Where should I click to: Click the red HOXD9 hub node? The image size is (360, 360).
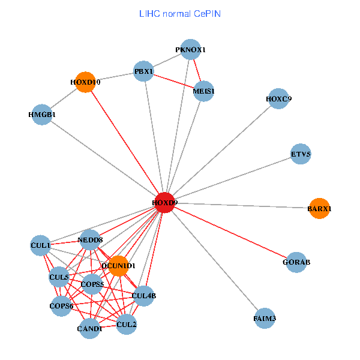coord(164,203)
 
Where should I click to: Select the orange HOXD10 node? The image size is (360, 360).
coord(85,82)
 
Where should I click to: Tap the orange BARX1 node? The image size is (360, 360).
coord(319,208)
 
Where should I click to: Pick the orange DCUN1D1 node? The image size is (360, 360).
coord(118,265)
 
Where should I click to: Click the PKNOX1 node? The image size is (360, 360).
coord(190,50)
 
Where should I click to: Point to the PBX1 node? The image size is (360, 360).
coord(145,71)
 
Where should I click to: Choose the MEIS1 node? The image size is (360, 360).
coord(204,91)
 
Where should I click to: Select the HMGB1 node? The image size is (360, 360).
coord(42,114)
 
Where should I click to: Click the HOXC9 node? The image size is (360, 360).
coord(278,98)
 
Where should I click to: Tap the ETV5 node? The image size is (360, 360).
coord(301,154)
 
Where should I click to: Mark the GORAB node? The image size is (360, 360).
coord(296,262)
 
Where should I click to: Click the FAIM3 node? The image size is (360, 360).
coord(265,318)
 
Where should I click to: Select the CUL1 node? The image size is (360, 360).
coord(41,245)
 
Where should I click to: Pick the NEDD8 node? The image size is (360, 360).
coord(90,240)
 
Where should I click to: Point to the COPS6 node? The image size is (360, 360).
coord(61,306)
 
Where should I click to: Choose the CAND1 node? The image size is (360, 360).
coord(89,328)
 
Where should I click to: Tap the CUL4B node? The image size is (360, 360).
coord(144,295)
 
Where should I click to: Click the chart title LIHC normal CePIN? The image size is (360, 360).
coord(180,13)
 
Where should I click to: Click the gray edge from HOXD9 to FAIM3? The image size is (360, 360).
coord(214,260)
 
